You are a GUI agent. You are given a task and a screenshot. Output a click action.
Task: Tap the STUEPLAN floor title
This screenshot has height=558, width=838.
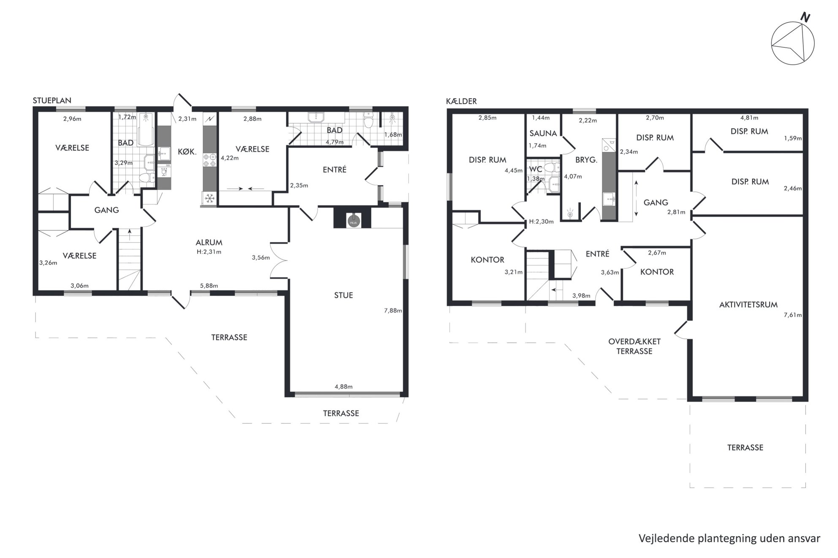pos(52,100)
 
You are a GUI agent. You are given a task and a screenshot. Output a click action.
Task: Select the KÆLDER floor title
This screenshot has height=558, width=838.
pos(461,101)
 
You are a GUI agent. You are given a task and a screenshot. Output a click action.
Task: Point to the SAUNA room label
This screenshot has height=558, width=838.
pos(543,133)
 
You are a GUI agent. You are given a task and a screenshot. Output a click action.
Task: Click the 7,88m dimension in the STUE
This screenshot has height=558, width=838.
pos(393,310)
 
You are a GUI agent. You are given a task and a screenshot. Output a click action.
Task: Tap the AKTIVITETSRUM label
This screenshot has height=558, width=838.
pos(748,305)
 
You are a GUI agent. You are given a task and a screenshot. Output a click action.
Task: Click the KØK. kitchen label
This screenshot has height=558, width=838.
pos(187,152)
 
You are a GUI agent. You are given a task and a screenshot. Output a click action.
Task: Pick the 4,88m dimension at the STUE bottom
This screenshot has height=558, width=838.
pos(343,386)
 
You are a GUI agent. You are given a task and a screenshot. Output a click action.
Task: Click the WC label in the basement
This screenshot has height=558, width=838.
pos(536,169)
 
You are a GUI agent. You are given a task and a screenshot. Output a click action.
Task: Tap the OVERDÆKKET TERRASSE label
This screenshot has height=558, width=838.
pos(634,346)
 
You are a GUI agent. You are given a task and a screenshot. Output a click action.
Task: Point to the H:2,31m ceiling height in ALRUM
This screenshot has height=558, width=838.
pos(209,252)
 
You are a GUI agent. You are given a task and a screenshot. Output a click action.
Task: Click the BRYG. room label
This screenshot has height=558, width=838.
pos(586,160)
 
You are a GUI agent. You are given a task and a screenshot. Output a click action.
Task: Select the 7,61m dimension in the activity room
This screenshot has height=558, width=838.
pos(793,315)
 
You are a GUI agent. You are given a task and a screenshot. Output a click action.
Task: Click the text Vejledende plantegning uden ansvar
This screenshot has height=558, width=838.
pos(729,538)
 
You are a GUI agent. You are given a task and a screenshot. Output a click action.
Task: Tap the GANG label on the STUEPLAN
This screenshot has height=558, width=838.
pos(106,210)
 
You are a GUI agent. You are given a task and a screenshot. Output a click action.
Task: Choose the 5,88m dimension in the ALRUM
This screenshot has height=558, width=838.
pos(209,286)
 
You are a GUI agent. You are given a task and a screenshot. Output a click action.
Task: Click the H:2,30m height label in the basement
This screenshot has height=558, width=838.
pos(541,221)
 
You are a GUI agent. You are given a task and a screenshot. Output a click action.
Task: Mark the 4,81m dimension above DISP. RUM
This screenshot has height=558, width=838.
pos(749,118)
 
